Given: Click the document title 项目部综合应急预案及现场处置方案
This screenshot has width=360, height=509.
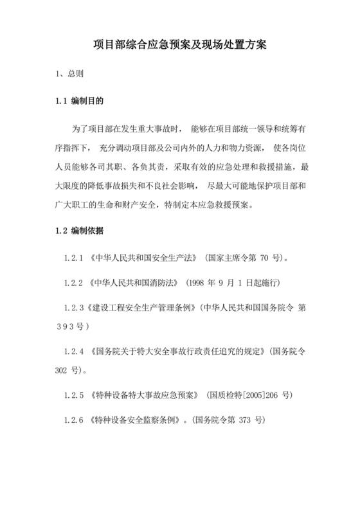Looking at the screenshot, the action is (179, 46).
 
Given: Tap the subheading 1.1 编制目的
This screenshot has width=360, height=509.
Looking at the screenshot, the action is (78, 102).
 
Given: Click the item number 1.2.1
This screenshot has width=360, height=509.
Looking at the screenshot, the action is (75, 258).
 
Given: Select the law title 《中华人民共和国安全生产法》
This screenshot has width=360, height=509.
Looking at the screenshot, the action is (143, 258).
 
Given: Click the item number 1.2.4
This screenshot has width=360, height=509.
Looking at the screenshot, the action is (75, 352).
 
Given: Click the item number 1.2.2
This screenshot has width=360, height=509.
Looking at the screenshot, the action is (75, 282).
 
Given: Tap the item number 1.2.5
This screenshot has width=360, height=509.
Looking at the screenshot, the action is (75, 396).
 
